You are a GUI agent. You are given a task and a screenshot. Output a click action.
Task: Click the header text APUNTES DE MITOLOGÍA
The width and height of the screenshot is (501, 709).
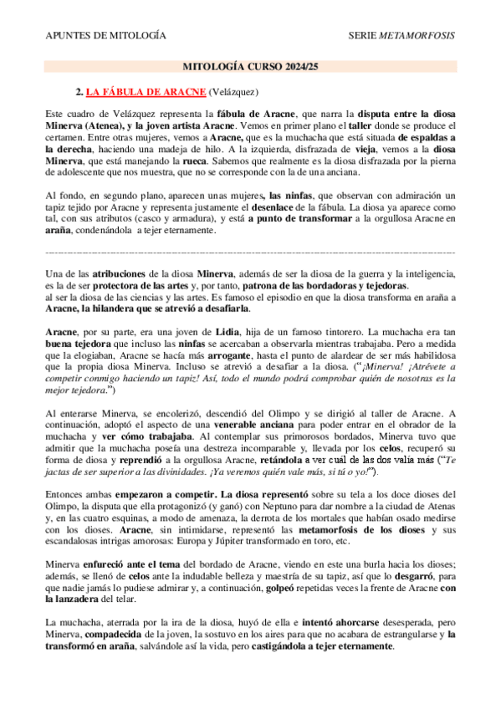click(x=105, y=35)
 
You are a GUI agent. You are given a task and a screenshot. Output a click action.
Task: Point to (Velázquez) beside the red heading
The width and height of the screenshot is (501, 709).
click(x=233, y=90)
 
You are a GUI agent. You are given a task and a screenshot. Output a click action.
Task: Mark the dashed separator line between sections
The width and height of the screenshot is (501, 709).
click(x=250, y=251)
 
